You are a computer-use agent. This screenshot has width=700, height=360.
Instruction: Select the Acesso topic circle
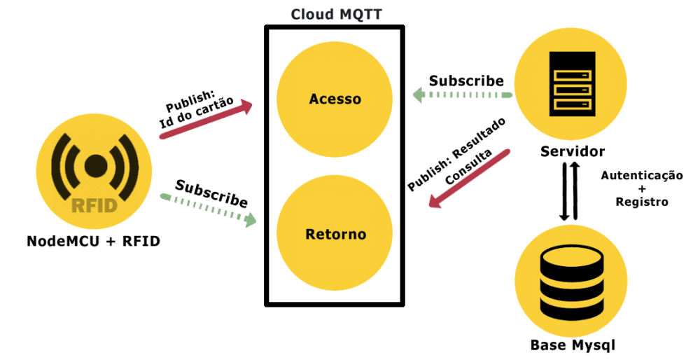[335, 99]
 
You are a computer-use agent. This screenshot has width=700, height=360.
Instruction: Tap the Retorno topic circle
[335, 233]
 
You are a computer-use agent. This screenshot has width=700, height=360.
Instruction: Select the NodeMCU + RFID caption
[93, 242]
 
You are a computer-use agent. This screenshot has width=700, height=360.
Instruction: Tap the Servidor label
[573, 151]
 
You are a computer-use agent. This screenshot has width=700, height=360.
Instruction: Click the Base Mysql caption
[573, 345]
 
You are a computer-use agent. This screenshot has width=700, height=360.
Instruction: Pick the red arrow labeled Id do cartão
[206, 120]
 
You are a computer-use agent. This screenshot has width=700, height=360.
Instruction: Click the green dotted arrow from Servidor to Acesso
[462, 95]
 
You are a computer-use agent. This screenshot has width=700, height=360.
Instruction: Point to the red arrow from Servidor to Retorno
[469, 179]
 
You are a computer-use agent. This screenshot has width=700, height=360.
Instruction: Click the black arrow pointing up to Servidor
[575, 191]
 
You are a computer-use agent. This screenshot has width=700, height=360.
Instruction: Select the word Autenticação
[642, 175]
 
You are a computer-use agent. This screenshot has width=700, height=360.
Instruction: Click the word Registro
[642, 202]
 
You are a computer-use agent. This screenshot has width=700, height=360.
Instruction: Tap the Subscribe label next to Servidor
[466, 81]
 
